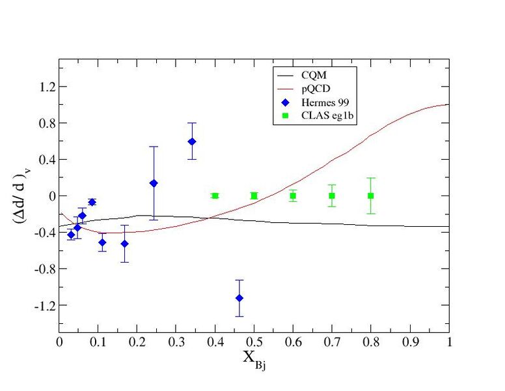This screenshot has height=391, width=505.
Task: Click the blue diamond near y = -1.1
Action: click(239, 298)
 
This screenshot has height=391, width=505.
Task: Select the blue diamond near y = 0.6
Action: click(192, 141)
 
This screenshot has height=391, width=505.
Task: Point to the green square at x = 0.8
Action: click(371, 195)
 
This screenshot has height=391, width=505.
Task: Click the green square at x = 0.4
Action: click(215, 195)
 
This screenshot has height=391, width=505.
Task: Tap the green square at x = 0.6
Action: click(293, 195)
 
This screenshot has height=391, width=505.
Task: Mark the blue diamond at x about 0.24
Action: click(154, 183)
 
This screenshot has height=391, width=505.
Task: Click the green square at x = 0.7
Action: click(332, 195)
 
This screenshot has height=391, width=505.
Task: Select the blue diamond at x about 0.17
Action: click(124, 244)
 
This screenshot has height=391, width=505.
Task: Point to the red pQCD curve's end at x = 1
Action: click(448, 104)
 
